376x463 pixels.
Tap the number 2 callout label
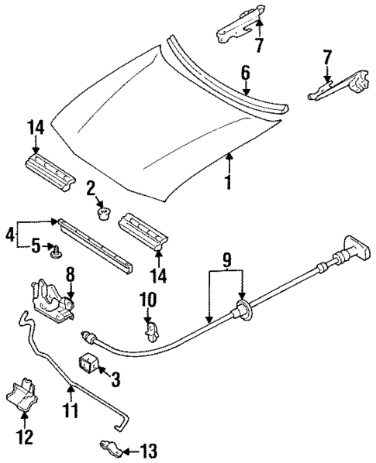(x=91, y=188)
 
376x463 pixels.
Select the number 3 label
(x=116, y=379)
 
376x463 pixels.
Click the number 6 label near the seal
(x=246, y=74)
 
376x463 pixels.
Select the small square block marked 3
(x=91, y=363)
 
